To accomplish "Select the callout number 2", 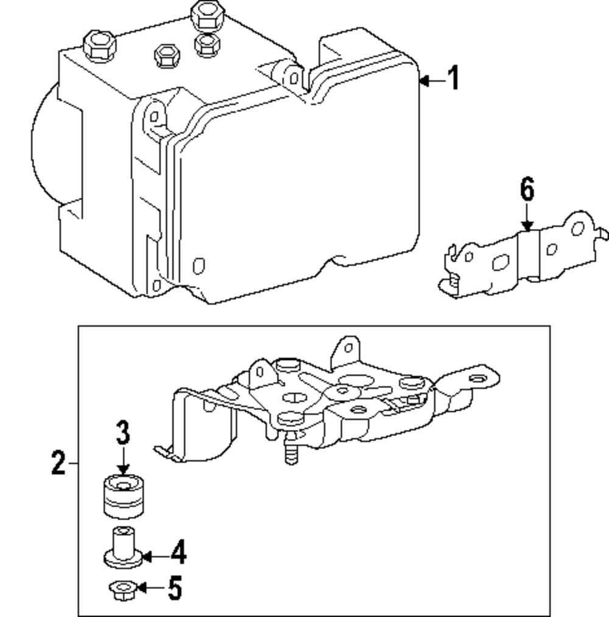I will click(x=58, y=464).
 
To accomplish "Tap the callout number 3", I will click(x=123, y=433).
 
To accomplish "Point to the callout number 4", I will click(x=177, y=554).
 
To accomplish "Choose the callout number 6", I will click(x=527, y=190).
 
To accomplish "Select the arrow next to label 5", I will click(x=149, y=588).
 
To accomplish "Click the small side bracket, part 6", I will click(x=524, y=256).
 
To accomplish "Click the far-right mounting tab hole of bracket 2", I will click(x=478, y=379).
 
